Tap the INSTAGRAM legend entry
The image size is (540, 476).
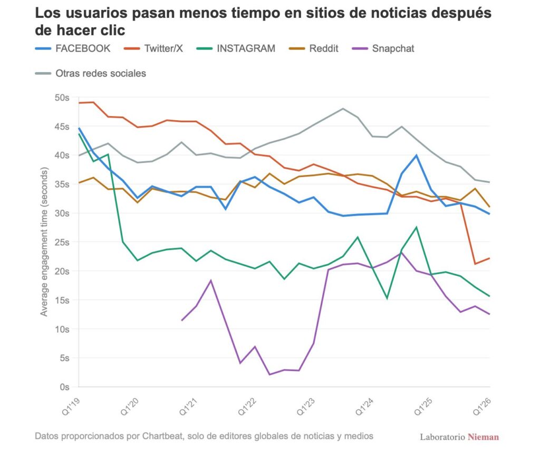click(236, 48)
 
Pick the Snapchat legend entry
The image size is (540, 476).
click(383, 48)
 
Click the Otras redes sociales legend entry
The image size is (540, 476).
click(91, 73)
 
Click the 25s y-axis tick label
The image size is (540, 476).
click(62, 242)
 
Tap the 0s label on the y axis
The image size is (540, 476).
click(64, 387)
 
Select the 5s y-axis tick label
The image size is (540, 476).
click(64, 358)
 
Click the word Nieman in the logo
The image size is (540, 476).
click(483, 437)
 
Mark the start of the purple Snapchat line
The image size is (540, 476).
click(182, 320)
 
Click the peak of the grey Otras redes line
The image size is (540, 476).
click(343, 109)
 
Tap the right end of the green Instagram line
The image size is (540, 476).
click(490, 296)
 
